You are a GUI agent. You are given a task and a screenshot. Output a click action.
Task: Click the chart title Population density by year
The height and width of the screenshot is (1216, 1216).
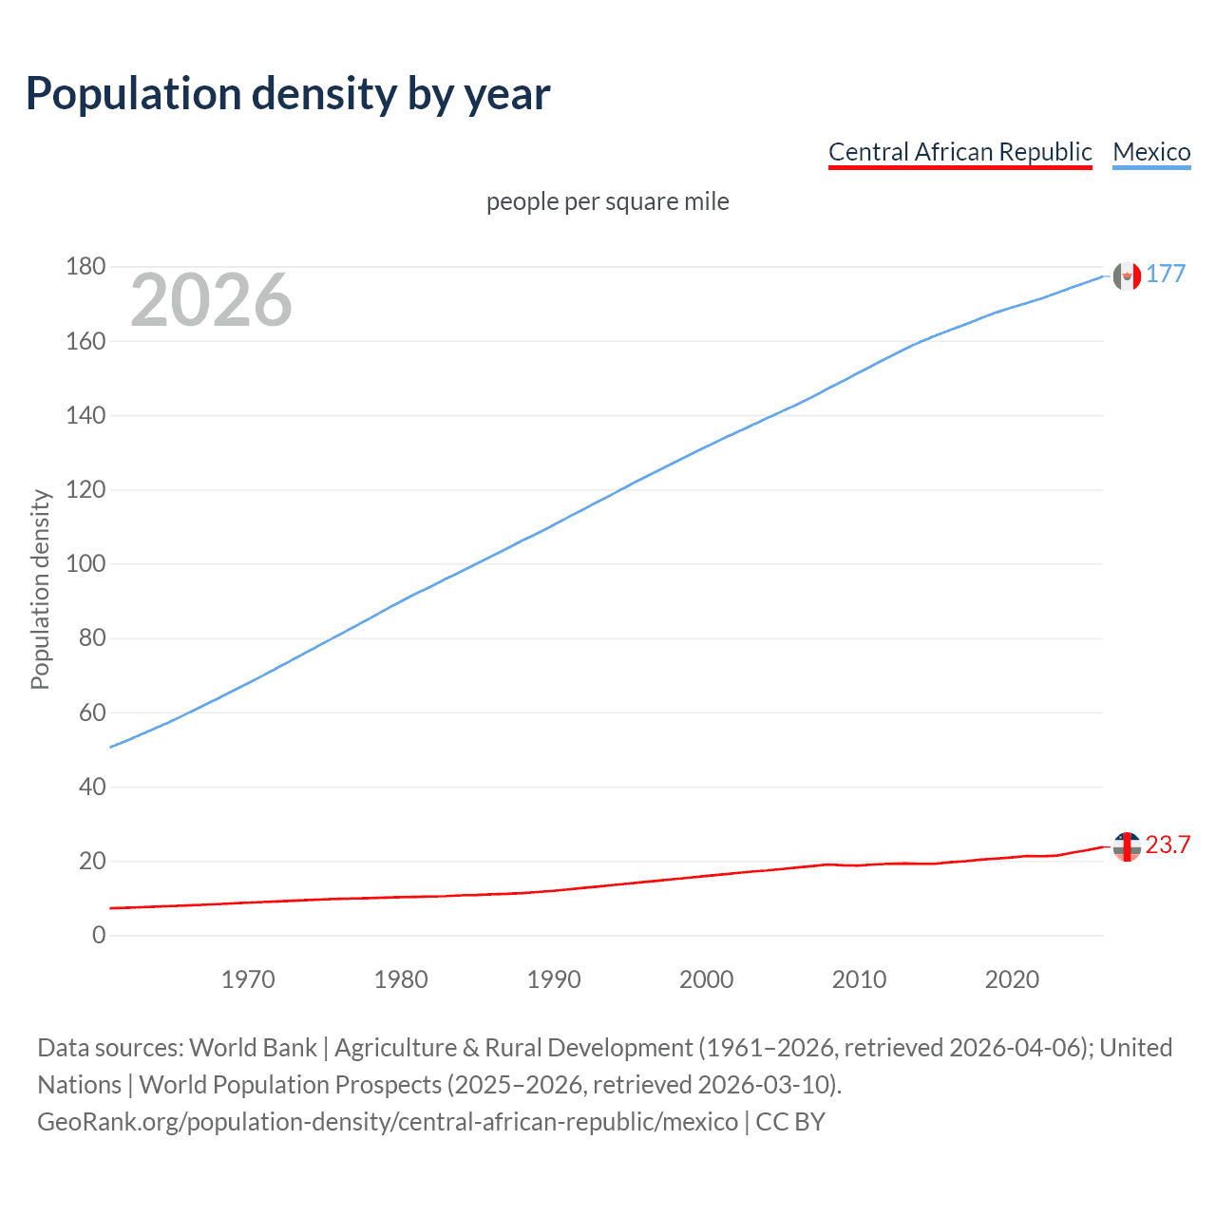(288, 94)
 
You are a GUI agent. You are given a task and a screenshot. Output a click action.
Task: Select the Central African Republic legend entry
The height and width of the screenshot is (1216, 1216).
(959, 152)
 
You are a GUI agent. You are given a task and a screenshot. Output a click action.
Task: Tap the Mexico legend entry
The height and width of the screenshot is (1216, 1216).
(1151, 152)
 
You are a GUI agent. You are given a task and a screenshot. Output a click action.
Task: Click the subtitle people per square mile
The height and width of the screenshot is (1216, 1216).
(607, 201)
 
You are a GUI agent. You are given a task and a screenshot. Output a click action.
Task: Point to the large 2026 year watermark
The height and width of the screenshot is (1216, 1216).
(211, 300)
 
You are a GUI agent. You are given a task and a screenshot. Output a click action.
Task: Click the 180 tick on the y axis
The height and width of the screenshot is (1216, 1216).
(85, 267)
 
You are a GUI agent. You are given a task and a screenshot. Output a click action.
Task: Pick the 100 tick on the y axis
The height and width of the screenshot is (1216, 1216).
(85, 564)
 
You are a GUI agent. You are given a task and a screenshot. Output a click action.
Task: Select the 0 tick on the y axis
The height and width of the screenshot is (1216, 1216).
(99, 936)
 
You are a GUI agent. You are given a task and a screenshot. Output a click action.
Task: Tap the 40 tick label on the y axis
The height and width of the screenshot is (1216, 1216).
(92, 788)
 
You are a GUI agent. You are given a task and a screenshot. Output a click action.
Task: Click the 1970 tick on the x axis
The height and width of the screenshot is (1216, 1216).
(248, 979)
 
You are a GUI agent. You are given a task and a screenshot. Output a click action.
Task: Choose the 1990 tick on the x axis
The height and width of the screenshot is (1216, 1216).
(554, 979)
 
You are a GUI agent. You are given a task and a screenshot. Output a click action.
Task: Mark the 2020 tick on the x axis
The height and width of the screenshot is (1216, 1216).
(1012, 979)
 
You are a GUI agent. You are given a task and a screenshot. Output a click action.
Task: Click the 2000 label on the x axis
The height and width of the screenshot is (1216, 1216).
(706, 979)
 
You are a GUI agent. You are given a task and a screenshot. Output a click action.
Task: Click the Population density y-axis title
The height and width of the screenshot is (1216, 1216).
(40, 589)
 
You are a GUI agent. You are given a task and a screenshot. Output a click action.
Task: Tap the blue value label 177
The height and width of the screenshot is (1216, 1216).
(1166, 275)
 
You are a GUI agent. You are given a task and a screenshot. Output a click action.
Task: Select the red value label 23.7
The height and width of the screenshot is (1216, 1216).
(1168, 845)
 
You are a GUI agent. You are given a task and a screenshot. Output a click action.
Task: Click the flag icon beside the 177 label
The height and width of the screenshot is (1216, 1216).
(1127, 276)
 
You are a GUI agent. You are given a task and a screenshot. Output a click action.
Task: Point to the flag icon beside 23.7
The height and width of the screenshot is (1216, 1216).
(1127, 846)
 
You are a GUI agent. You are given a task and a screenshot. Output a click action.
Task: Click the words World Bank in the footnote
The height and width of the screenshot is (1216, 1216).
(253, 1048)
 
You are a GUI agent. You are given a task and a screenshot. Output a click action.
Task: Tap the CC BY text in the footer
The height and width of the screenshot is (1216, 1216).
(790, 1122)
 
